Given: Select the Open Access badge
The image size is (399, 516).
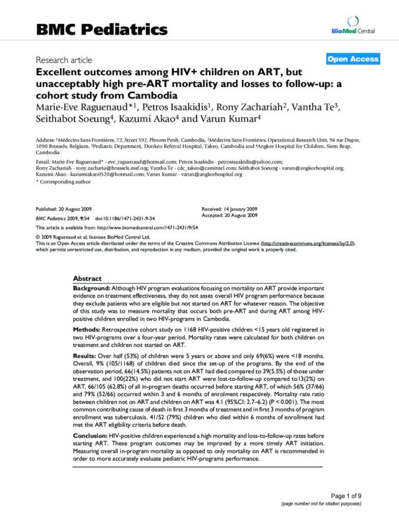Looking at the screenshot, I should coord(353,59).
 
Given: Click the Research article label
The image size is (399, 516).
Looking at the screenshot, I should coord(64,60).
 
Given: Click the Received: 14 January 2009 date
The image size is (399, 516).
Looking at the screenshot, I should coord(230,210).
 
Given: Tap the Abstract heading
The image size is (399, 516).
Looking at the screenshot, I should coord(87,278).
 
